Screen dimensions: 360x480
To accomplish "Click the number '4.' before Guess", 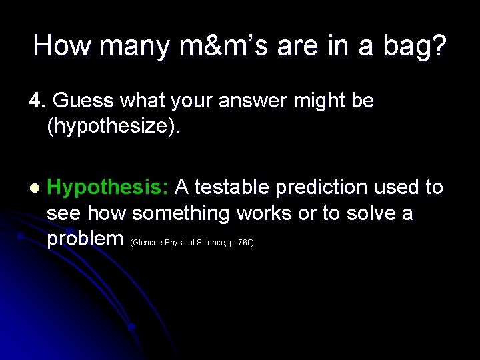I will pyautogui.click(x=37, y=101).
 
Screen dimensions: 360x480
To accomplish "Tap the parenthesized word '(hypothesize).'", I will pyautogui.click(x=113, y=127).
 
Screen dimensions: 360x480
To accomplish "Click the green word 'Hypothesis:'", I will pyautogui.click(x=108, y=188).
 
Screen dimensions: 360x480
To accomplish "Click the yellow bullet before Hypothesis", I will pyautogui.click(x=34, y=189).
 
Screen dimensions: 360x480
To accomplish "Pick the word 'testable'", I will pyautogui.click(x=231, y=188).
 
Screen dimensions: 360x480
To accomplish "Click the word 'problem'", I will pyautogui.click(x=85, y=239).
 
